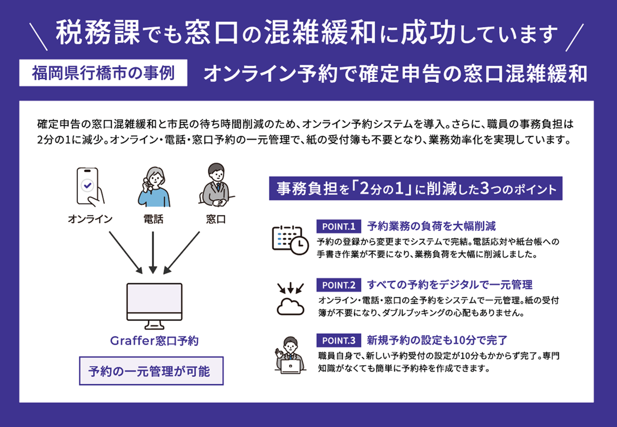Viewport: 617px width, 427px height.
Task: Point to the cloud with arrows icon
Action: pos(289,299)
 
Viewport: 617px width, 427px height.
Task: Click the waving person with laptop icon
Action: pos(289,356)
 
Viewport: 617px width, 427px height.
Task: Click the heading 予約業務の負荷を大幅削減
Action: pos(431,226)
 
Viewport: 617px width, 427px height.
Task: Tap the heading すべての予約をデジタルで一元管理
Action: pos(450,285)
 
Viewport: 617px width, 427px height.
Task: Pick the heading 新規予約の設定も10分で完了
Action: pos(437,340)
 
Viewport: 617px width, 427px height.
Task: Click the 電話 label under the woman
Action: pos(153,220)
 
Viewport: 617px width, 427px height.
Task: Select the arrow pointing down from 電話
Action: pos(153,251)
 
